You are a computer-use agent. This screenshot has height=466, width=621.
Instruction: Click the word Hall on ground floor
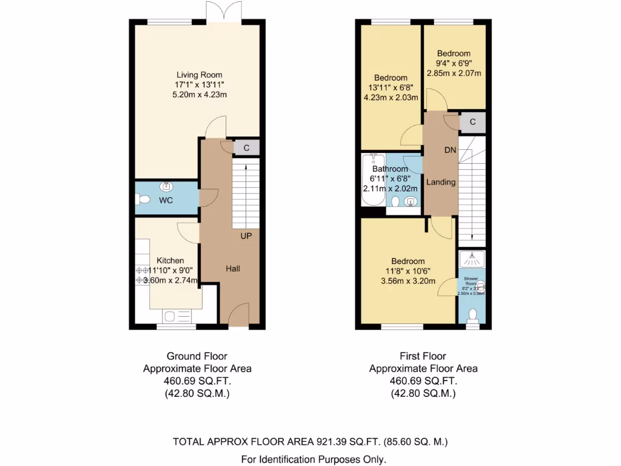pos(233,268)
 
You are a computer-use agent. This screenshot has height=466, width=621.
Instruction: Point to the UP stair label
pos(246,235)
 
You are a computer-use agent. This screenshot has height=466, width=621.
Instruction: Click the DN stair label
pos(450,150)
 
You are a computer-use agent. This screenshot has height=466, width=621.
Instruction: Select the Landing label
pos(441,182)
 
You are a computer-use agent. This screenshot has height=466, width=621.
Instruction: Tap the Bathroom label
pos(390,169)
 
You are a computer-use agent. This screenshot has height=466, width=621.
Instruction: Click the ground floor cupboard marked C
pos(247,147)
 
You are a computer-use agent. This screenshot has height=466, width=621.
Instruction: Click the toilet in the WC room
pos(143,200)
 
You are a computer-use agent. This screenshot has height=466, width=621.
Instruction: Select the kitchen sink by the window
pos(178,316)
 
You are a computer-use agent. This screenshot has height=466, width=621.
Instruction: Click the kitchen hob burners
pos(143,275)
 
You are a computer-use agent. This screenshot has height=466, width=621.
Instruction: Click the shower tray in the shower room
pos(472,259)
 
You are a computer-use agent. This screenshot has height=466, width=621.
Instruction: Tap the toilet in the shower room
pos(473,314)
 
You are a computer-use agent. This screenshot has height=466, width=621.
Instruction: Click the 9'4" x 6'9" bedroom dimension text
pos(454,63)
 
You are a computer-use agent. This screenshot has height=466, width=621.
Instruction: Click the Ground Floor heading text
pos(197,356)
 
